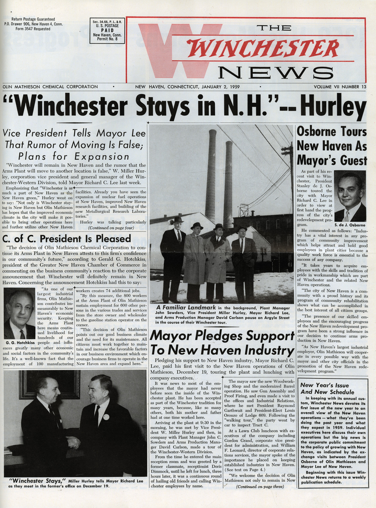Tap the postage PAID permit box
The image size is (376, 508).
click(107, 31)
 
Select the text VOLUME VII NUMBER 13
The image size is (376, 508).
click(340, 87)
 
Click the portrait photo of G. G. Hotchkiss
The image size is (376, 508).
click(19, 314)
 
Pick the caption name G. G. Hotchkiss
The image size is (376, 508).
click(20, 343)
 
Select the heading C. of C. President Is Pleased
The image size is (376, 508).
click(66, 239)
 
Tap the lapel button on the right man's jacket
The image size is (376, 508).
click(106, 417)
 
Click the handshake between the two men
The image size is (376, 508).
click(73, 442)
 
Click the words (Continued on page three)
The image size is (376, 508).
click(260, 487)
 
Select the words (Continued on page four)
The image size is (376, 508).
click(111, 228)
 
